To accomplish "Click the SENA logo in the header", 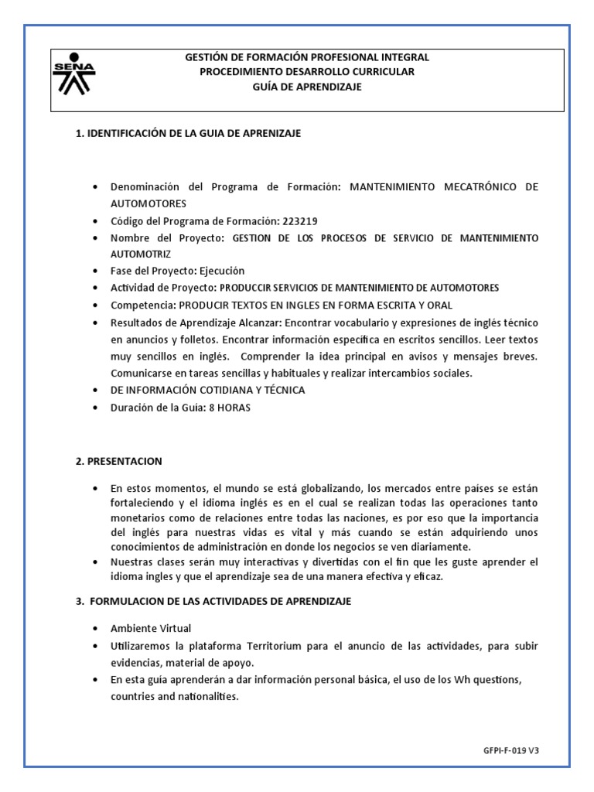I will (x=74, y=74).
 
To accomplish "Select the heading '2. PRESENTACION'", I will (x=118, y=461).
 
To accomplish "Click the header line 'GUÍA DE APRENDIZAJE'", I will (x=307, y=87).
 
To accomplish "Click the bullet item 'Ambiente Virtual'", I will (x=150, y=628).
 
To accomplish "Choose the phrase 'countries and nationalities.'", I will (x=175, y=696).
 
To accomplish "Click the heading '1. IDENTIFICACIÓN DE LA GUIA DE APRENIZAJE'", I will (x=188, y=133).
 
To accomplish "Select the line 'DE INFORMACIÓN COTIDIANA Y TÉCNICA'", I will (x=207, y=390).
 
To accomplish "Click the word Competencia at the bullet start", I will (x=142, y=305).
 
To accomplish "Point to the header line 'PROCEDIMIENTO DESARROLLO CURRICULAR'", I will (x=307, y=72).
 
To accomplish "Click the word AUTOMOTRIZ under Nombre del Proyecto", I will (x=140, y=254).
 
